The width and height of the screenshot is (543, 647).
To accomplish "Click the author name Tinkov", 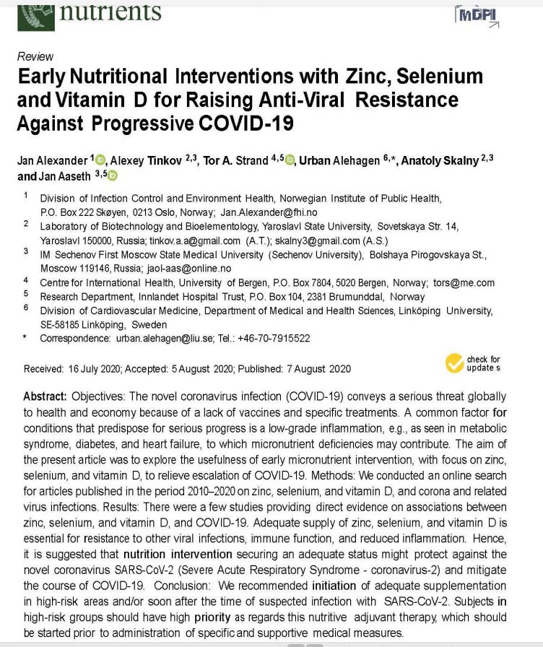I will click(168, 160).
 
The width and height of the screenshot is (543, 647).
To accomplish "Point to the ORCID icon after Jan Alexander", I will click(99, 160).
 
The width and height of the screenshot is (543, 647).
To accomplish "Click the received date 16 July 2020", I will click(94, 368).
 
